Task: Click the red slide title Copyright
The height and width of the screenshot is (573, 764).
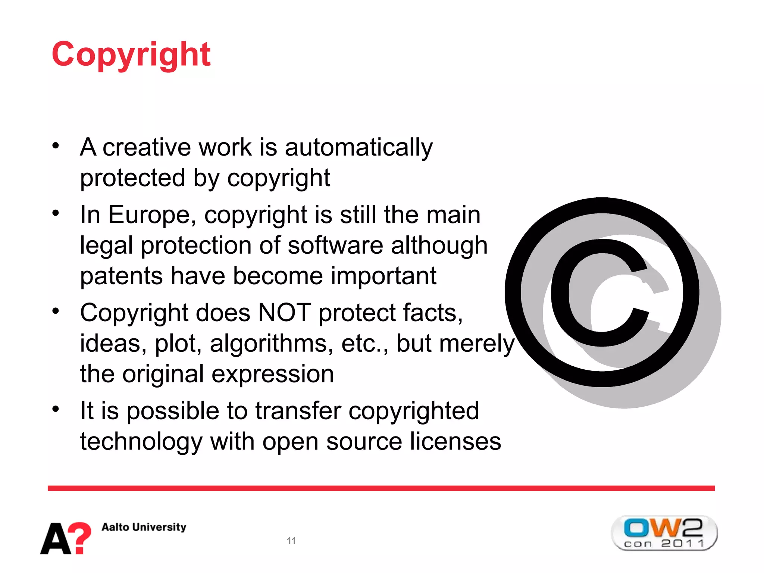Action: pos(131,54)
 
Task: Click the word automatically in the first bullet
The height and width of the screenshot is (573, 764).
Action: pos(358,147)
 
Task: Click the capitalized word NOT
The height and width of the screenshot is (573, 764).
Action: pos(284,313)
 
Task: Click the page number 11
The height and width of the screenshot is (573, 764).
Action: pos(291,541)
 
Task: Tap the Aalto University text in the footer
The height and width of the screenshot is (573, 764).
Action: pos(144,527)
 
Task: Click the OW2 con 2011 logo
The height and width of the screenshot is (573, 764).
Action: pos(664,533)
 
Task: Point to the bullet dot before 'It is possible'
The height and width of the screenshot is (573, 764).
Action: pos(56,409)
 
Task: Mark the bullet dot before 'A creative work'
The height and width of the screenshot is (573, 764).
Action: pos(56,145)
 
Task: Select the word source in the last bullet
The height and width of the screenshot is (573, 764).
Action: pos(364,442)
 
